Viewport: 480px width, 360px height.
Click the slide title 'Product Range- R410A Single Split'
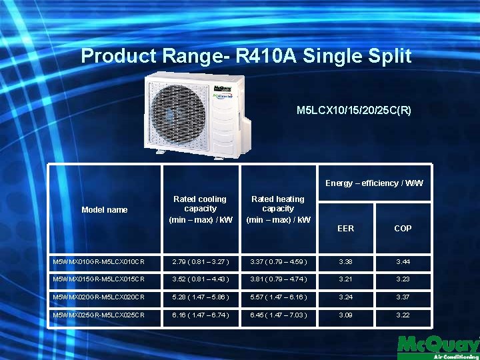246,56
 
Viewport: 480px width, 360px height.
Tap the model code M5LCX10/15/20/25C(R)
353,109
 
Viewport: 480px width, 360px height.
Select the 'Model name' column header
105,210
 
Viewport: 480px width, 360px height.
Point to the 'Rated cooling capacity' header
199,209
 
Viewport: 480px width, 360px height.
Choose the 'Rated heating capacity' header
278,209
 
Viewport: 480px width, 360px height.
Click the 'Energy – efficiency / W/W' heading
374,183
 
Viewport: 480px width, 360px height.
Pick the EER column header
345,228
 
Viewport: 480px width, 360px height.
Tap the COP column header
403,228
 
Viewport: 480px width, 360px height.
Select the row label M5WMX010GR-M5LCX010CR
99,260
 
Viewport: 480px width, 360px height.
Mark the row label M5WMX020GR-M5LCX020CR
99,295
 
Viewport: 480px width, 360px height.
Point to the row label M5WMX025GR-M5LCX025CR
99,314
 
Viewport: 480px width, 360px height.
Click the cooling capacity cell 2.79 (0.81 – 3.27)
201,260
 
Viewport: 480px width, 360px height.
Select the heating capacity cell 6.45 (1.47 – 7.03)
278,314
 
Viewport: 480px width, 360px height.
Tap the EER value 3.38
345,260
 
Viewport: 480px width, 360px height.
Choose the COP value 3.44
403,260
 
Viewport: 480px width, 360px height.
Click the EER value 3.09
345,314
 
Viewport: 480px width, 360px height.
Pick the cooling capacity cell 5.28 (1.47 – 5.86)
201,295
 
